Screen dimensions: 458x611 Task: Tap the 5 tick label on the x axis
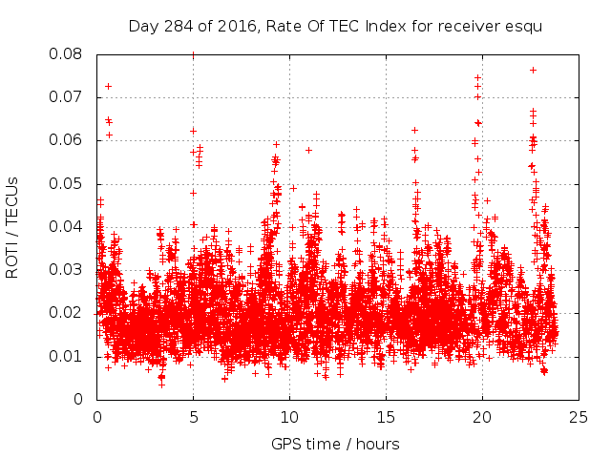[194, 417]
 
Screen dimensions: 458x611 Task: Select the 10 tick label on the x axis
[289, 417]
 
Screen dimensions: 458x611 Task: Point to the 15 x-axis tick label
[386, 417]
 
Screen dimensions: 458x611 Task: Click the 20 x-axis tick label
[482, 417]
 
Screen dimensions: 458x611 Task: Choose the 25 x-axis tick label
[578, 417]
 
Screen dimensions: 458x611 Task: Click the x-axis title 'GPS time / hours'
[335, 444]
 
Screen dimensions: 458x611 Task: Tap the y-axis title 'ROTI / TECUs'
[12, 227]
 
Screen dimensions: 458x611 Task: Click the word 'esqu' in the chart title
[525, 27]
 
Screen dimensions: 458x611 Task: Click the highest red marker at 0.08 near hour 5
[194, 54]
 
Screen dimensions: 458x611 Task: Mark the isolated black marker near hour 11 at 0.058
[308, 150]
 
